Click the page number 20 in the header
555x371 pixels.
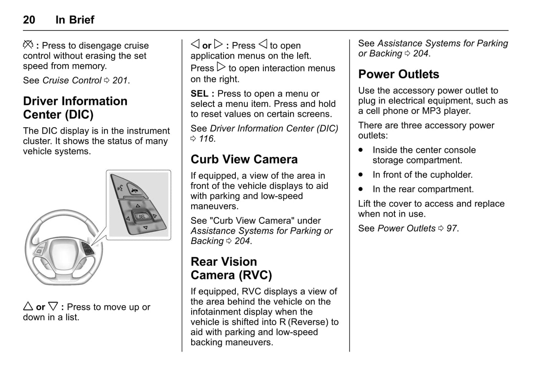(x=29, y=20)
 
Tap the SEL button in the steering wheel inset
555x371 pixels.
(x=142, y=216)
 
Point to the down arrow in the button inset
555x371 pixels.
(x=145, y=228)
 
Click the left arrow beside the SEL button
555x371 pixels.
(x=128, y=218)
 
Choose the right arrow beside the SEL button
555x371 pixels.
(x=155, y=216)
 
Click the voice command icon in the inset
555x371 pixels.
(x=120, y=188)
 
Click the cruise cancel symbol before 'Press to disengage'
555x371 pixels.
(x=28, y=45)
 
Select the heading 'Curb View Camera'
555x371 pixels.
(x=244, y=159)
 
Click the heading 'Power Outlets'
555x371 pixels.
(x=398, y=74)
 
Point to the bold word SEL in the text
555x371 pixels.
(x=199, y=93)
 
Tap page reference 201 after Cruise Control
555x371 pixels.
(x=120, y=80)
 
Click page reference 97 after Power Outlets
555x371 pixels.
(x=452, y=228)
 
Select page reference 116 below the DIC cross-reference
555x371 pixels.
(x=207, y=139)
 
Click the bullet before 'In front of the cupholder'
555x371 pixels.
(x=361, y=175)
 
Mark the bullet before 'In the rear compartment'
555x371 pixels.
(x=361, y=189)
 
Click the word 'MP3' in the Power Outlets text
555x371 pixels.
(x=431, y=111)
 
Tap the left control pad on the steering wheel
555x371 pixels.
(x=40, y=251)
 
